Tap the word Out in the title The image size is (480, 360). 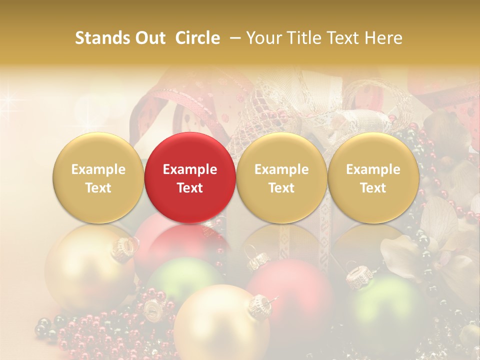point(148,38)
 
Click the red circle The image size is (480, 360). point(190,177)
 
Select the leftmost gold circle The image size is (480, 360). point(98,177)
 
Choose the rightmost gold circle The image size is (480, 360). point(373,177)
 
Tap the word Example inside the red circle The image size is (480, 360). point(190,169)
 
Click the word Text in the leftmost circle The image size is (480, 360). point(98,188)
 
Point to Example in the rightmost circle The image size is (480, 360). point(373,169)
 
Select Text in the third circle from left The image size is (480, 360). point(281,188)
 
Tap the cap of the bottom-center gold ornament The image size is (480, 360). point(260,304)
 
